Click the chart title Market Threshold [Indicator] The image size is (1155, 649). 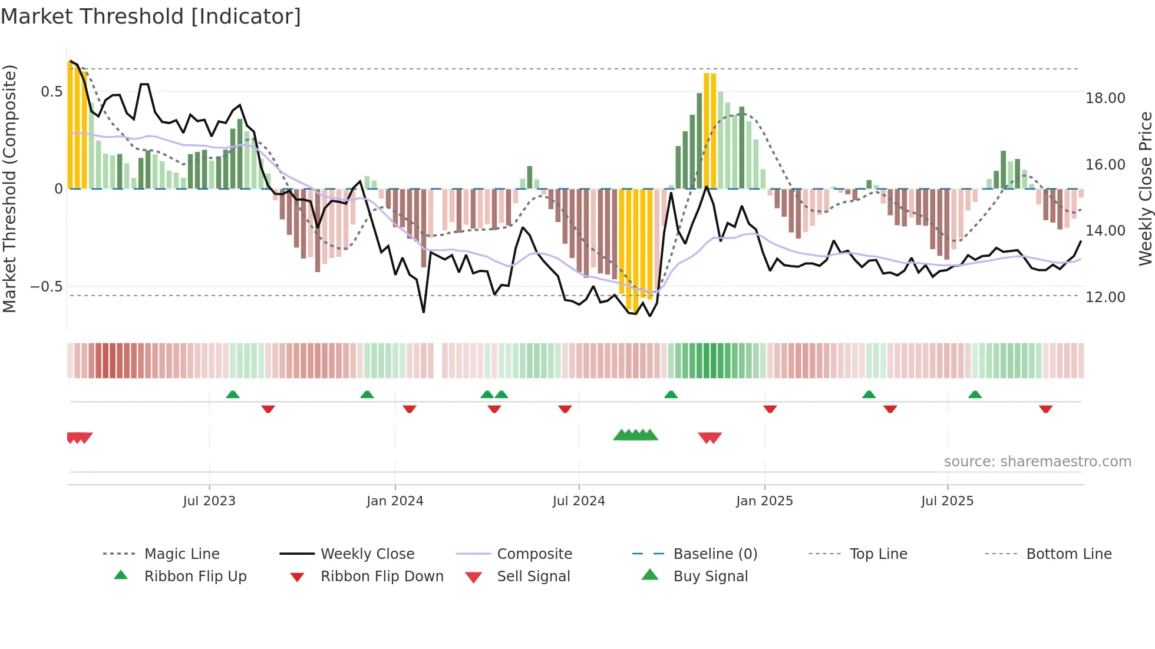click(151, 16)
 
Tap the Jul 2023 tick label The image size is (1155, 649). click(209, 501)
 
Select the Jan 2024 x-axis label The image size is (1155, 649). click(395, 501)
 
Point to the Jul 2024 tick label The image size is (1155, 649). click(579, 501)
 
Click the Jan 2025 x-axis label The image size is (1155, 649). click(764, 501)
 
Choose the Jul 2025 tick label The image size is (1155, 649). click(947, 501)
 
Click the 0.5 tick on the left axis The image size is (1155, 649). click(52, 92)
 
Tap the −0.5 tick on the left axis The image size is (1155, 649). click(46, 287)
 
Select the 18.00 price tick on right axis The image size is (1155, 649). click(1105, 98)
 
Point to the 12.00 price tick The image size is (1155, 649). click(1105, 297)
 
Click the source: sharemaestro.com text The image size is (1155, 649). click(1037, 462)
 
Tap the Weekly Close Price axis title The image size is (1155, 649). click(1145, 188)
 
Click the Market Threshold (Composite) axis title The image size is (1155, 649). click(9, 188)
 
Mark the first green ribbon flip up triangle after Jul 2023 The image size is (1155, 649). click(233, 395)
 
